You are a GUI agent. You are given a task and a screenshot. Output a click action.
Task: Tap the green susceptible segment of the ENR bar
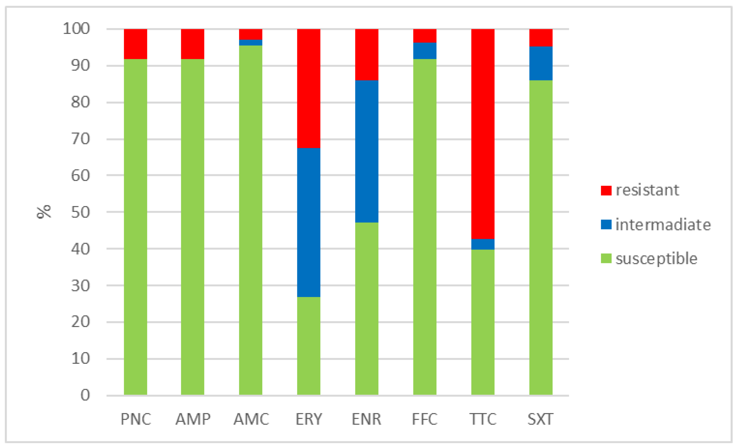click(366, 308)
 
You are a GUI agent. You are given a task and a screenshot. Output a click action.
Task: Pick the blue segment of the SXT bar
click(541, 63)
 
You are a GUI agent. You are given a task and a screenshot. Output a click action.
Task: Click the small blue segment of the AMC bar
click(250, 43)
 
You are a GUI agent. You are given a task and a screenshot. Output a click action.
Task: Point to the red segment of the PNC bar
click(135, 44)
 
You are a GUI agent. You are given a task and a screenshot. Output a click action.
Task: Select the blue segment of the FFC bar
click(424, 51)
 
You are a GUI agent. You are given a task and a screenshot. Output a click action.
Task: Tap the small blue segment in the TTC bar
click(483, 244)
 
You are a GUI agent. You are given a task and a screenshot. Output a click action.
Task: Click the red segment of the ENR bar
click(366, 54)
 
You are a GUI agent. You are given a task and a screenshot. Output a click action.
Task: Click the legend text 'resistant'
click(647, 190)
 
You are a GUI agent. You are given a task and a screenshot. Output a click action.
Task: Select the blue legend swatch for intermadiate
click(606, 224)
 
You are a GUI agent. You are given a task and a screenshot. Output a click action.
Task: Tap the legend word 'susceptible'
click(656, 259)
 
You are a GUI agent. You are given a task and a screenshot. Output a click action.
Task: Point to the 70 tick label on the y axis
click(80, 139)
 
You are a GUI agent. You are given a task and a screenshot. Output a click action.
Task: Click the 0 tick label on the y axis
click(85, 395)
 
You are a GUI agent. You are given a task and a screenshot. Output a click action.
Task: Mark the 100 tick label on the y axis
click(76, 29)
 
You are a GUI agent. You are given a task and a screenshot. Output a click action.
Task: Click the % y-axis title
click(44, 212)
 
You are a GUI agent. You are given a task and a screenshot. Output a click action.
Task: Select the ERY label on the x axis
click(309, 419)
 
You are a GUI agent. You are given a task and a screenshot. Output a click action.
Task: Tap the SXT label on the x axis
click(540, 419)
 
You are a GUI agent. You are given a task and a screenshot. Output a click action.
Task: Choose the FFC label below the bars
click(424, 419)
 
